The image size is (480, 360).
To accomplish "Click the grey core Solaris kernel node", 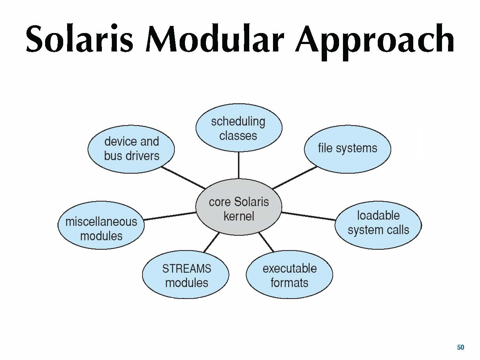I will click(239, 208).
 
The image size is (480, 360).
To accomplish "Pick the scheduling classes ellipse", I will click(239, 128).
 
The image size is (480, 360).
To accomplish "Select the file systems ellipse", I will click(347, 148).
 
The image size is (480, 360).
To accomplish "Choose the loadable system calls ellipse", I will click(378, 223).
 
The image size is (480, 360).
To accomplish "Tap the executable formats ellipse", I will click(289, 276).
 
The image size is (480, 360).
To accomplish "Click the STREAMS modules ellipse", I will click(186, 276).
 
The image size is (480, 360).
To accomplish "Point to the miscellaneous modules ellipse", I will click(101, 229).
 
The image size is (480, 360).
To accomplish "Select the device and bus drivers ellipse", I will click(131, 148).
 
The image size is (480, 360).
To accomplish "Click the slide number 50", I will click(460, 347).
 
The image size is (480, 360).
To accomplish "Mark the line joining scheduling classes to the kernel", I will click(239, 165).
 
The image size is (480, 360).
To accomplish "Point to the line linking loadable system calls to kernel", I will click(308, 216).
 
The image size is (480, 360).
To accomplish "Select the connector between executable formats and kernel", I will click(266, 242).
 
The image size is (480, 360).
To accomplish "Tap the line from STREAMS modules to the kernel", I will click(212, 242).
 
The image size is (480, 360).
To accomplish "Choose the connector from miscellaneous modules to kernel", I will click(170, 216).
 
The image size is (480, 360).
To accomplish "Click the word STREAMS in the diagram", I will click(187, 268).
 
